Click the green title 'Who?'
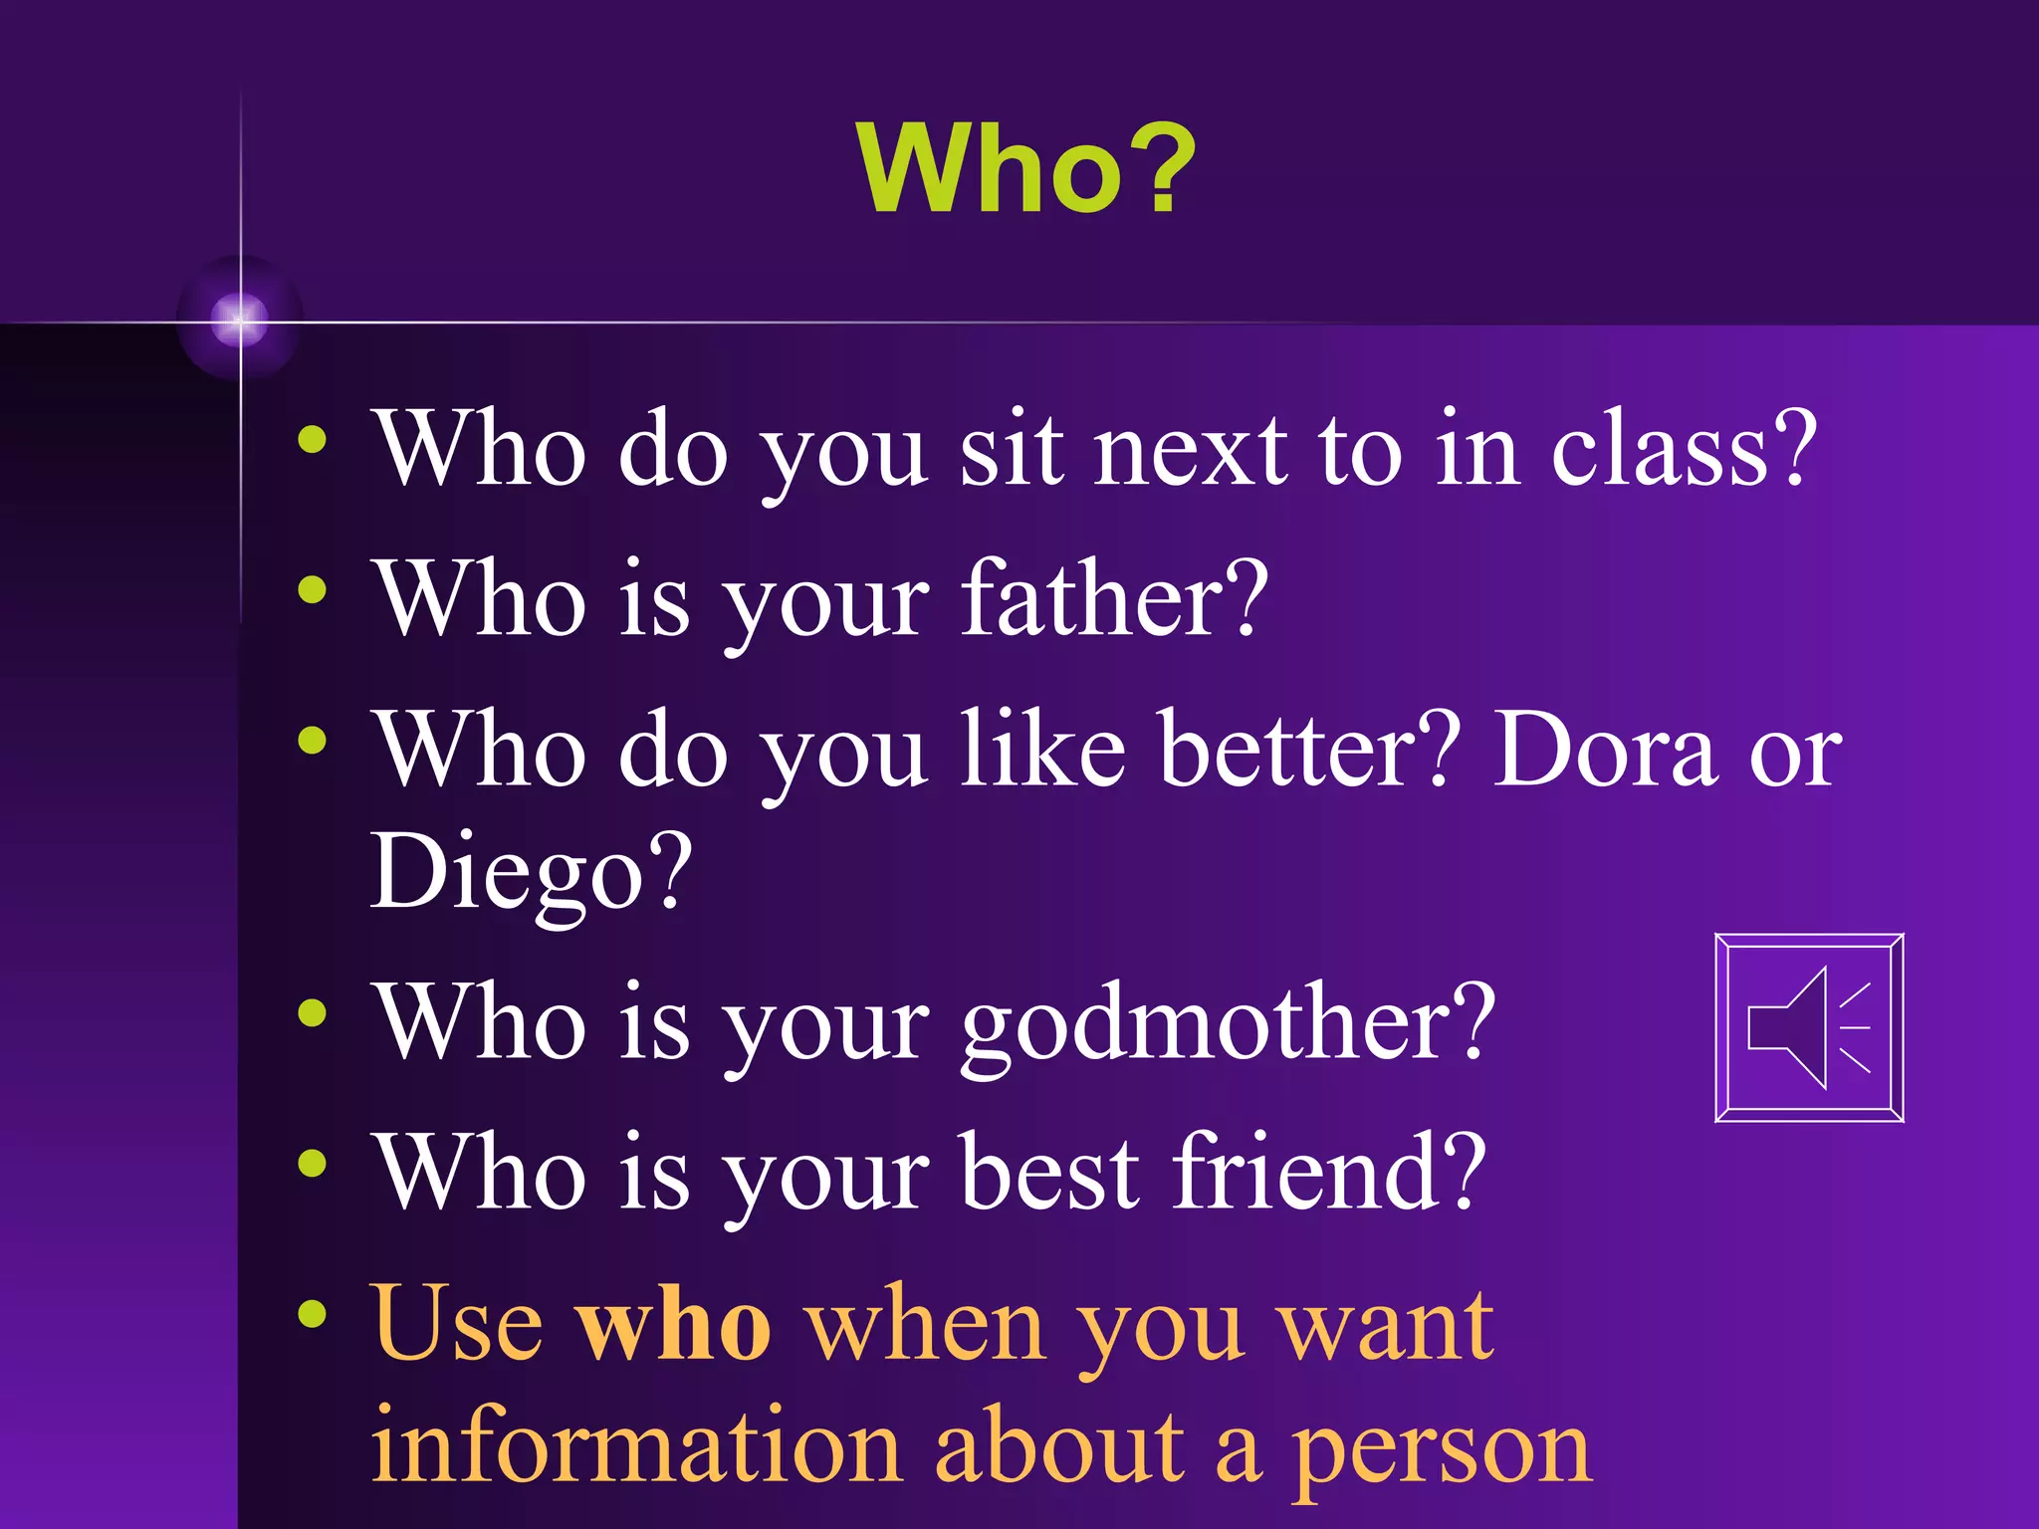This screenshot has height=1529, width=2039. coord(1025,169)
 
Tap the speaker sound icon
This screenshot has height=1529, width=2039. coord(1809,1027)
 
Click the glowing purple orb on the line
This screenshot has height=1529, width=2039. coord(239,320)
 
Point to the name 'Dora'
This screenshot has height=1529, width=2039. coord(1605,751)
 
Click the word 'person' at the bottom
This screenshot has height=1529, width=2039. coord(1441,1453)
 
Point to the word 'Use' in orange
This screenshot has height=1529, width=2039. coord(457,1324)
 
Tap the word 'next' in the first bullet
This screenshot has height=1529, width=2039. coord(1191,453)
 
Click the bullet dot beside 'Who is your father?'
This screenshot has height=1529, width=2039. coord(313,590)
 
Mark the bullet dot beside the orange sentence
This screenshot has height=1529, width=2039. coord(313,1315)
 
